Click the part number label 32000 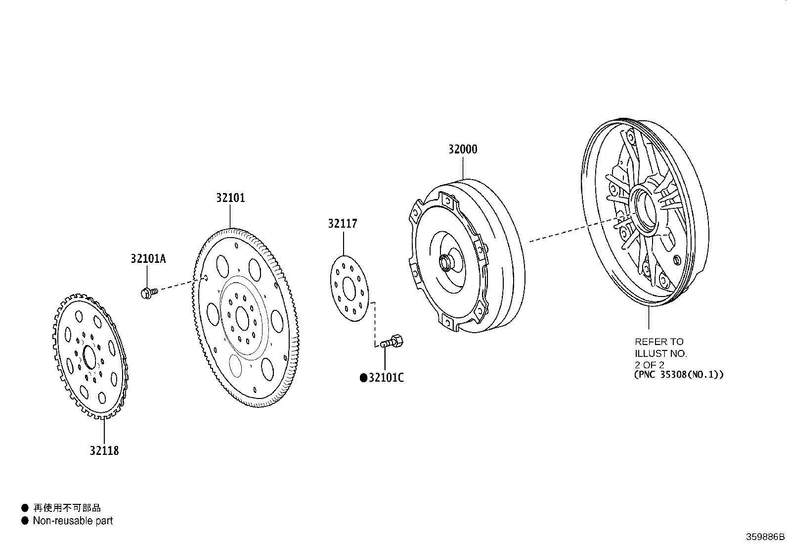coord(463,149)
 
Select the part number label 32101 coord(230,198)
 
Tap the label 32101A coord(148,258)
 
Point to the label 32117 coord(342,224)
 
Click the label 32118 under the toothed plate coord(104,450)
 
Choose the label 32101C coord(386,378)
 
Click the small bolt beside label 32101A coord(148,293)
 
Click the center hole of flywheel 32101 coord(242,318)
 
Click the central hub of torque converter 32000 coord(445,262)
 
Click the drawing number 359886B coord(765,537)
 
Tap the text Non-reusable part coord(73,521)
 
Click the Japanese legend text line coord(67,508)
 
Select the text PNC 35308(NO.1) coord(679,375)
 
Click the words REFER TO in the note coord(659,342)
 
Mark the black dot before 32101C coord(363,378)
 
